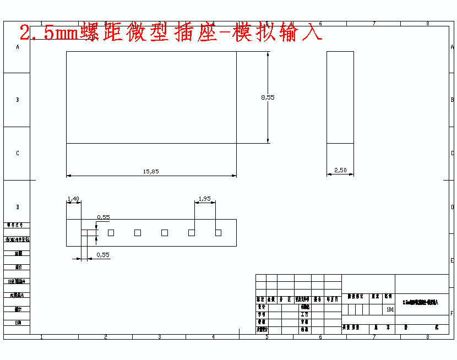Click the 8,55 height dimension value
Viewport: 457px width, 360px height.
click(x=268, y=97)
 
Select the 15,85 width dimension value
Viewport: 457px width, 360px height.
click(x=151, y=172)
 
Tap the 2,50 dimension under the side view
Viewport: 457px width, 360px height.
click(x=340, y=171)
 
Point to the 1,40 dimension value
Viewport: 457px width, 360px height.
click(x=73, y=199)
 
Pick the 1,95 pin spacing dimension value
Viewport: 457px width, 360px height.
click(x=204, y=199)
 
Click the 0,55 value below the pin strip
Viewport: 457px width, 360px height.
click(x=102, y=255)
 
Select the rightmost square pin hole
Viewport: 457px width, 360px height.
click(x=219, y=233)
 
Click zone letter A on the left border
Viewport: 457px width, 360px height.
click(x=18, y=47)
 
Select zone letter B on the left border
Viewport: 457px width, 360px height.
click(x=18, y=100)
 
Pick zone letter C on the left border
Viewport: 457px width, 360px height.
click(x=18, y=153)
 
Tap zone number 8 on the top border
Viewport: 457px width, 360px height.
click(x=427, y=24)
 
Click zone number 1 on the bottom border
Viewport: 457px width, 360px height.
click(x=42, y=336)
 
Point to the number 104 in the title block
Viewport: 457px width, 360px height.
click(x=390, y=309)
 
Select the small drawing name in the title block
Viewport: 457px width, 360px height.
click(x=421, y=303)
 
